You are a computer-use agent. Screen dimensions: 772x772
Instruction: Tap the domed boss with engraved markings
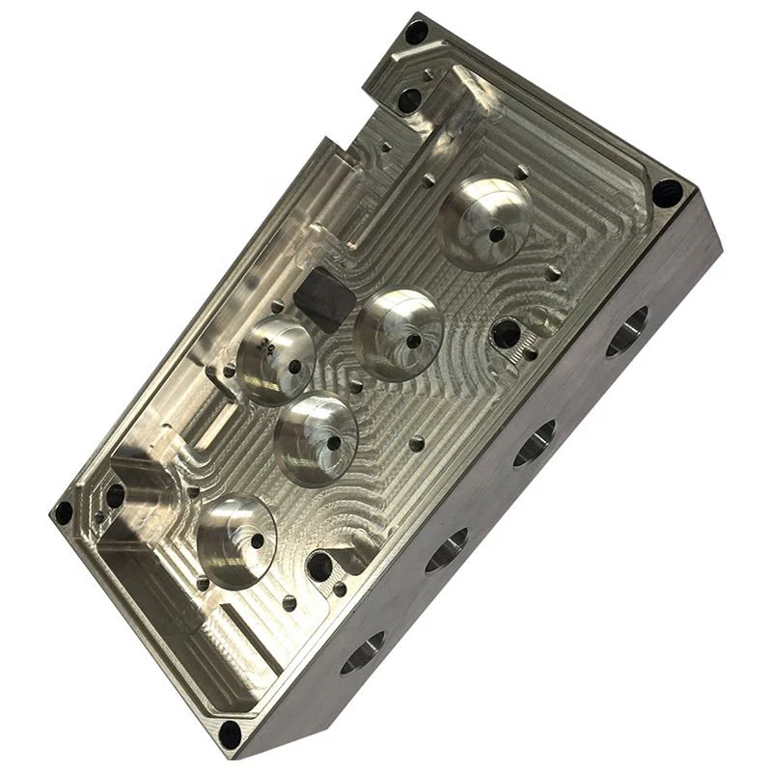[275, 359]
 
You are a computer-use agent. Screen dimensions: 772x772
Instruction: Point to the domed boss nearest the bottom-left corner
[236, 541]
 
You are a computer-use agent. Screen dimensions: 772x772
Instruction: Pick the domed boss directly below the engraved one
[316, 438]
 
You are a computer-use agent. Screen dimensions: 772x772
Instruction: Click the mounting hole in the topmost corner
[416, 32]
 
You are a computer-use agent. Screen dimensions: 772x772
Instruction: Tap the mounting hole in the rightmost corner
[667, 192]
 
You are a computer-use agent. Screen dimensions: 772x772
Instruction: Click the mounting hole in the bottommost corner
[229, 734]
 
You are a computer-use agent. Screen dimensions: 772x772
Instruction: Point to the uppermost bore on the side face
[626, 332]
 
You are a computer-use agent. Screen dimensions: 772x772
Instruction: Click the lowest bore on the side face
[362, 653]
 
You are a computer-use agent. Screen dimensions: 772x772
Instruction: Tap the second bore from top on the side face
[534, 443]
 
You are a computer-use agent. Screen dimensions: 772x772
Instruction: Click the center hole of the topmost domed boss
[496, 234]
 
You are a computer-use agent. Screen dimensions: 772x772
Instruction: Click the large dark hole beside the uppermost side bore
[506, 334]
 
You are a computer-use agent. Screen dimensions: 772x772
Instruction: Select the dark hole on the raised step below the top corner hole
[409, 99]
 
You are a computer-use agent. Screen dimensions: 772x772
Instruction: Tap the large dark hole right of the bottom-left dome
[319, 565]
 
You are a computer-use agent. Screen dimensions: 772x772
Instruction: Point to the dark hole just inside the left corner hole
[115, 496]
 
